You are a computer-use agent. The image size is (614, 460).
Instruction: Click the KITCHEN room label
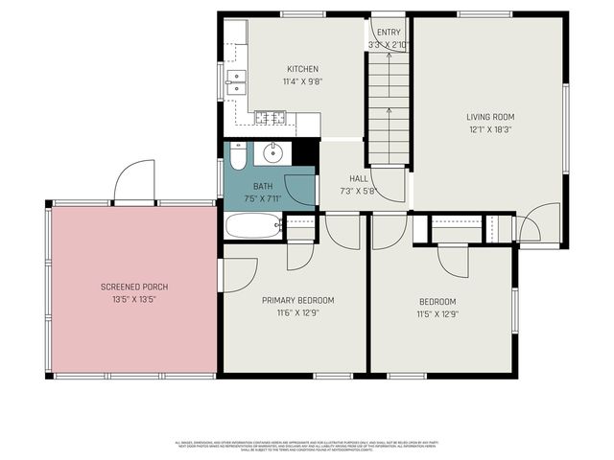pos(302,69)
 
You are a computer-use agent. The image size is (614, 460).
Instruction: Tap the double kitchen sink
pos(236,85)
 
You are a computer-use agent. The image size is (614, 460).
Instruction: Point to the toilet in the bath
pos(238,154)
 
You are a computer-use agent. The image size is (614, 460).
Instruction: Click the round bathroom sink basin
pos(272,152)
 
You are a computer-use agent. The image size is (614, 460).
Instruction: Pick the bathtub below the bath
pos(252,226)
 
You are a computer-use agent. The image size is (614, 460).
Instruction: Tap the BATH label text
pos(263,186)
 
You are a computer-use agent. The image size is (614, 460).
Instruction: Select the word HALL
pos(359,178)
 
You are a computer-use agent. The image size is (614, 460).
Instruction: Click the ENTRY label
pos(389,33)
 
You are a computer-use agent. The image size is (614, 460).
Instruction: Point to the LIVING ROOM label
pos(489,117)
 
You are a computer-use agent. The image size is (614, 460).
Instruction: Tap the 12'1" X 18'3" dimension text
pos(489,129)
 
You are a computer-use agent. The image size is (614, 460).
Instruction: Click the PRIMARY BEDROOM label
pos(297,300)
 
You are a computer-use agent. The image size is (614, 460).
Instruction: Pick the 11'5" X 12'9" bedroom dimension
pos(437,313)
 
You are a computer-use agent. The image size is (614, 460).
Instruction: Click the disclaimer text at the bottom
pos(307,447)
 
